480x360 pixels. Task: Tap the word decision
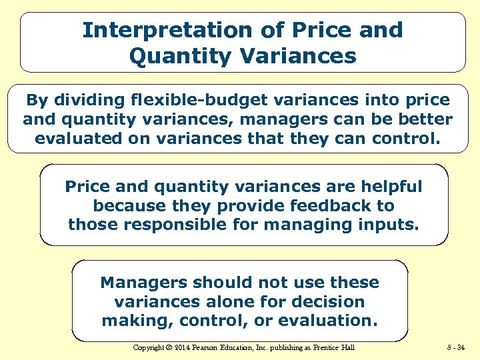(329, 302)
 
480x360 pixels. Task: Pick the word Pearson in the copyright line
(211, 347)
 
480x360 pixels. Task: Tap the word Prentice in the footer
(326, 347)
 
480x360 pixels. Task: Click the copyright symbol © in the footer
(169, 347)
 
